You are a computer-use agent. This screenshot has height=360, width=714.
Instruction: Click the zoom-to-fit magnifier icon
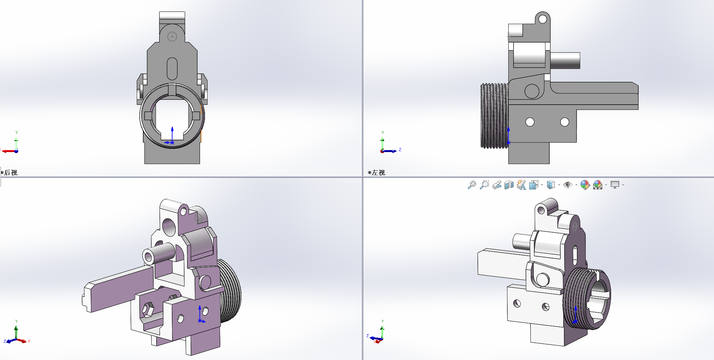[x=472, y=185]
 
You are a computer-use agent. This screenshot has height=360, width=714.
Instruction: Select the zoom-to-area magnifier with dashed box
[x=484, y=185]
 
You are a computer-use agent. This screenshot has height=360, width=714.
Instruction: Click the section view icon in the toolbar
[x=509, y=185]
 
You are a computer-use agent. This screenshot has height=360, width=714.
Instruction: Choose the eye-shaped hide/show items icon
[x=568, y=185]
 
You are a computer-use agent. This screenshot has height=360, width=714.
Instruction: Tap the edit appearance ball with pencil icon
[x=585, y=185]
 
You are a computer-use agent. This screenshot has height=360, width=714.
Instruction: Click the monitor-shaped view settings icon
[x=615, y=185]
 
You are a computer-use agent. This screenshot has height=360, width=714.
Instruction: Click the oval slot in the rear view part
[x=172, y=69]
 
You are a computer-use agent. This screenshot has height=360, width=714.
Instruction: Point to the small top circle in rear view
[x=172, y=37]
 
